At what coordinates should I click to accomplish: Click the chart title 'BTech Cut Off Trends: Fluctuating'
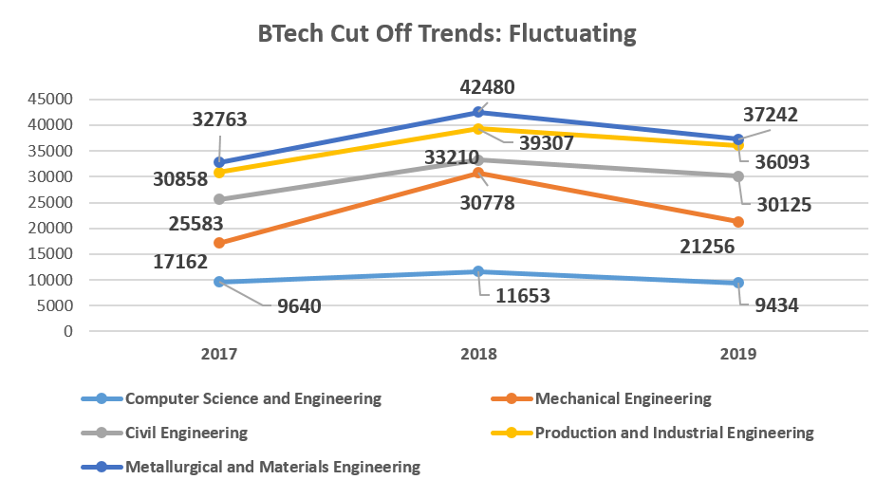tap(447, 34)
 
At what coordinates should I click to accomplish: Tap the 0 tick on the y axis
tap(67, 332)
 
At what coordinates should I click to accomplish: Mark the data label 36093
tap(777, 162)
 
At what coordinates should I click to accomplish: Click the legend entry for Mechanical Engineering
tap(623, 398)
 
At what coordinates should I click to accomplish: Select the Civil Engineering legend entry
tap(186, 433)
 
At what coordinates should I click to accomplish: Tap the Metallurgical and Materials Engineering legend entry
tap(272, 467)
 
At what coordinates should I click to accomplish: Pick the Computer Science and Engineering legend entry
tap(252, 398)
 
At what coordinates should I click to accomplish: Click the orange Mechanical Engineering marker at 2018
tap(479, 173)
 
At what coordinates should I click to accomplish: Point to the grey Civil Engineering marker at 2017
tap(219, 199)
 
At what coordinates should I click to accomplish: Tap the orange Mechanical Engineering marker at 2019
tap(738, 222)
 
